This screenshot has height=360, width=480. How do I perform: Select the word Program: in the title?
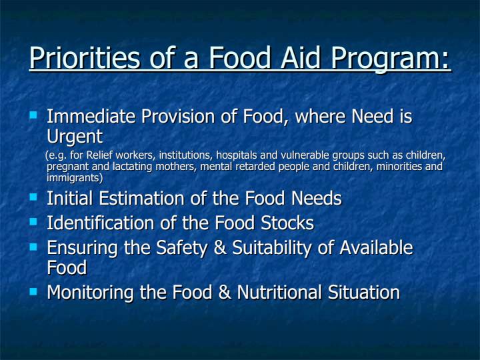390,59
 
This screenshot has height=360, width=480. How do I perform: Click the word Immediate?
91,116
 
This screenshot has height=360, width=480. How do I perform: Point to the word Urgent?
75,137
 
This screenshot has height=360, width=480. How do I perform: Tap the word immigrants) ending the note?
75,178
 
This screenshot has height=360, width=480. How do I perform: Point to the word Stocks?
287,223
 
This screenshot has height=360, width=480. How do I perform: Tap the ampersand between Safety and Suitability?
220,247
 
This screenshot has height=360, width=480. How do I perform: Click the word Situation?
364,292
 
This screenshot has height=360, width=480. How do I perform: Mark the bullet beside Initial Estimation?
33,197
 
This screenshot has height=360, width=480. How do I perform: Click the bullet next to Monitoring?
33,291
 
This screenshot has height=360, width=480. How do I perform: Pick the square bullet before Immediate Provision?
33,115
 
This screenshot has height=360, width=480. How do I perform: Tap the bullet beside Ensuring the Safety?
33,247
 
